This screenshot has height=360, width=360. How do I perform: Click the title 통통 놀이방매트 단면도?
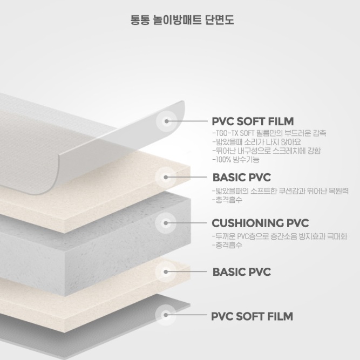click(x=182, y=20)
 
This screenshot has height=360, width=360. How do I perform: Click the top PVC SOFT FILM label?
click(x=253, y=121)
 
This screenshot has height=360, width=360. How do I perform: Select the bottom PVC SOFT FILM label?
click(x=252, y=316)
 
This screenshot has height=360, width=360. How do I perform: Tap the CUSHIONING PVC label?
click(x=260, y=223)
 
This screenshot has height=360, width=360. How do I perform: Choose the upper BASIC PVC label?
click(x=242, y=178)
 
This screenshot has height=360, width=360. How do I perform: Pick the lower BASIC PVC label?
click(x=242, y=272)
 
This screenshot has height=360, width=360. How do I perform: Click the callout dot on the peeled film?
click(x=166, y=121)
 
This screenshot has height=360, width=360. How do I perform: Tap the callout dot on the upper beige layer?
click(x=166, y=177)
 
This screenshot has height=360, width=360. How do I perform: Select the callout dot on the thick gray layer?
click(x=166, y=223)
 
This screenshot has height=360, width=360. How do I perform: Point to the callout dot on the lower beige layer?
click(x=166, y=272)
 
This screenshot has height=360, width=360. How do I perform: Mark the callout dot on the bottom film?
click(x=166, y=315)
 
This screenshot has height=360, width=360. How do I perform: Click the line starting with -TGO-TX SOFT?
click(x=269, y=133)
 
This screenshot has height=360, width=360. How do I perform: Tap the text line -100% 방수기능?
click(x=236, y=159)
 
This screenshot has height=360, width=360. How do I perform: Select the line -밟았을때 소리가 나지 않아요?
click(x=256, y=142)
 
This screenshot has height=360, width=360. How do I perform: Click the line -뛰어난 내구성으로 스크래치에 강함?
click(x=266, y=151)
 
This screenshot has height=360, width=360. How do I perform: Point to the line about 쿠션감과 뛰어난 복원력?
click(x=280, y=191)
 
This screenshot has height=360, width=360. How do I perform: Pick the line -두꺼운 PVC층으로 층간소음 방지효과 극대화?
click(x=280, y=236)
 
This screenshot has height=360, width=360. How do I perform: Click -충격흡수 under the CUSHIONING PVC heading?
click(x=227, y=245)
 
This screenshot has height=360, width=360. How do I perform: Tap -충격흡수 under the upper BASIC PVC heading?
click(x=227, y=200)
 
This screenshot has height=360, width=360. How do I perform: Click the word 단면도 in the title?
click(x=220, y=20)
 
